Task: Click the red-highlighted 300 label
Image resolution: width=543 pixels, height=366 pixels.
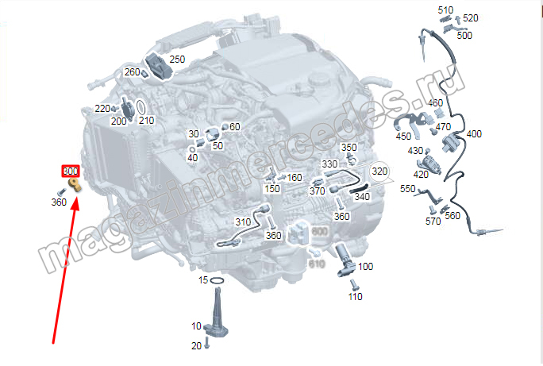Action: [71, 171]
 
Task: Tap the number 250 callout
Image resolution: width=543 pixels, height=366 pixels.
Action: [177, 60]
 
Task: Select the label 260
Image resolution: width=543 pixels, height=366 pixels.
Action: [132, 72]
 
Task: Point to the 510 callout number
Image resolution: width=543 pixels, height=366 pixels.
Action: [445, 10]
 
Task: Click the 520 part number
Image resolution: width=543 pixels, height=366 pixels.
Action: [471, 18]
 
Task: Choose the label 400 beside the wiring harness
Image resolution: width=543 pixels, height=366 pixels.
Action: [474, 134]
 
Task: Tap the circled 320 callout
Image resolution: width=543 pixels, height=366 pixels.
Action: [380, 171]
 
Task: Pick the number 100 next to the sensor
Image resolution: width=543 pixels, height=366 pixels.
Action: [365, 267]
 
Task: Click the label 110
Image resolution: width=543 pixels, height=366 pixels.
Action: [355, 297]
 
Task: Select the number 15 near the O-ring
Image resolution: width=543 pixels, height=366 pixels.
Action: [203, 280]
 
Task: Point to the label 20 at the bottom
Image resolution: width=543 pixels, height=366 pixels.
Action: [196, 345]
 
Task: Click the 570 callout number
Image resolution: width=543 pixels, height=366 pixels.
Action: [433, 222]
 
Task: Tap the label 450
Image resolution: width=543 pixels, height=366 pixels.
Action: [403, 137]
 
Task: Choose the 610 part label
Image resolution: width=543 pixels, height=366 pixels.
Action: [317, 264]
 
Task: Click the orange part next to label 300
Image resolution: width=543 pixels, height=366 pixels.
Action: [75, 185]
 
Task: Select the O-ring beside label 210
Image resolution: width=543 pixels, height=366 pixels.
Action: [139, 106]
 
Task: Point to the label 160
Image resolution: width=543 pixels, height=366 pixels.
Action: [294, 178]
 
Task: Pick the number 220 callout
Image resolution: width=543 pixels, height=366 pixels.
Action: [102, 108]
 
